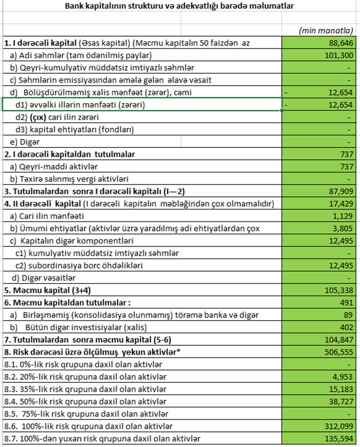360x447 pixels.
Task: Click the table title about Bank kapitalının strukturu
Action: point(180,7)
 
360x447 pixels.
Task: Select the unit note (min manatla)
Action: point(326,31)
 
